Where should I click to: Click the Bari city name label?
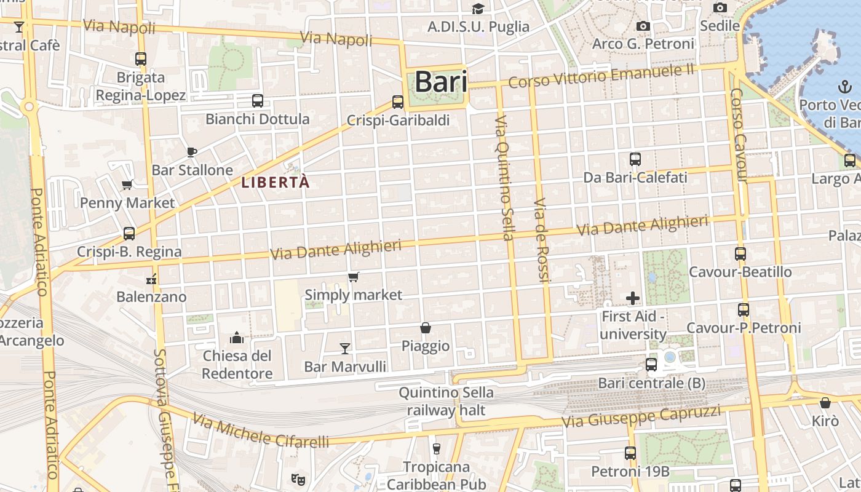441,82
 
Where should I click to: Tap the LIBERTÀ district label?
275,183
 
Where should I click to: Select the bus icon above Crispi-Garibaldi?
398,102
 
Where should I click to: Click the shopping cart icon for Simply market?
353,277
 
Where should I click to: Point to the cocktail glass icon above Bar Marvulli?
345,349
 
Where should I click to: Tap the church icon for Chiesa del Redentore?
237,338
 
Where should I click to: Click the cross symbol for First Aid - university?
633,299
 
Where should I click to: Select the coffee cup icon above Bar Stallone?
192,152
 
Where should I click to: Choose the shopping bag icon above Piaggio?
425,328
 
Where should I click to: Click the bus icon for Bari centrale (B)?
651,365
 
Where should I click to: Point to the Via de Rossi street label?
541,240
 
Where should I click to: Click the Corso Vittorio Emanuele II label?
601,76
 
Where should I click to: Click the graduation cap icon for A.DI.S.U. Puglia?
478,9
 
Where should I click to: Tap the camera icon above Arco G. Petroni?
643,26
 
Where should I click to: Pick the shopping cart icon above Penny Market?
127,184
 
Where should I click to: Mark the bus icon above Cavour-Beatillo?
740,253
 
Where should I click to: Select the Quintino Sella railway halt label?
446,401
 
